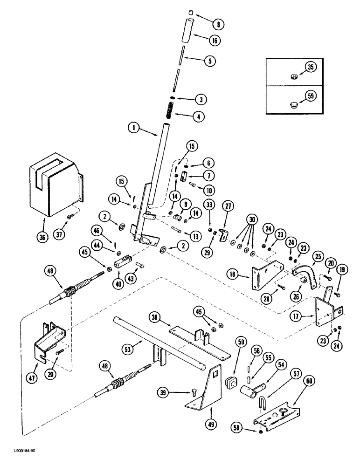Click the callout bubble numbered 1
pos(134,127)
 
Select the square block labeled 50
pos(229,358)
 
